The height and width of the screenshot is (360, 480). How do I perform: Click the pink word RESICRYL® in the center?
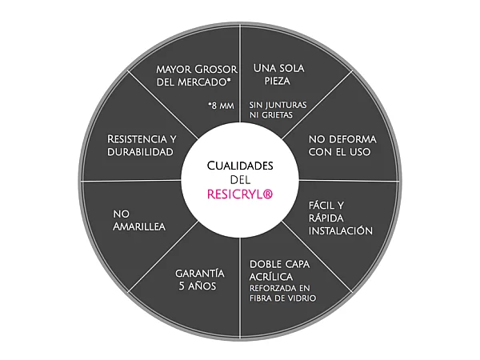[x=240, y=194]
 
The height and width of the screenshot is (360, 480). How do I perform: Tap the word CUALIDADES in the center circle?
[x=240, y=165]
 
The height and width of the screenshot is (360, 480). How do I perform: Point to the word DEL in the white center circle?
[x=240, y=179]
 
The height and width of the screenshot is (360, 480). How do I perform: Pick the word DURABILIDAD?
[x=141, y=152]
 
